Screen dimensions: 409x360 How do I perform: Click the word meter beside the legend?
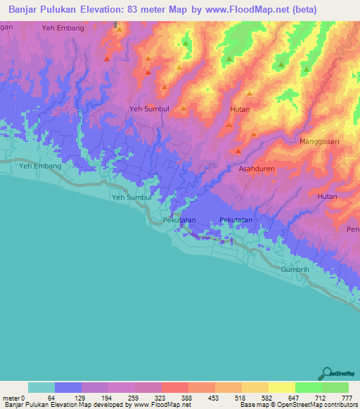point(10,398)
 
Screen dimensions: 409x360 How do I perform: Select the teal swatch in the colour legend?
point(41,387)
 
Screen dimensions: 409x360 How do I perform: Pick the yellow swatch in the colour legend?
point(282,387)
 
